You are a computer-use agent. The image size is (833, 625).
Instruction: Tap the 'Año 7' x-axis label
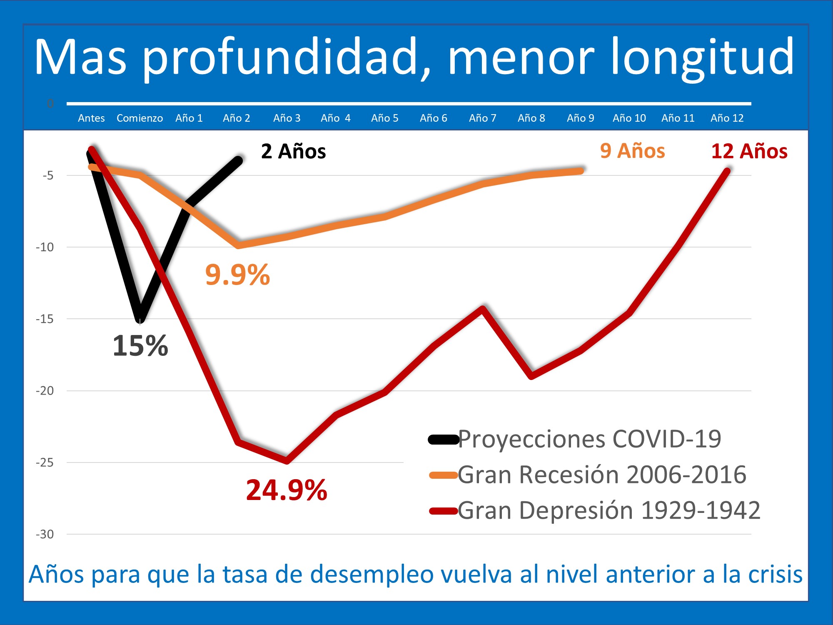[x=482, y=118]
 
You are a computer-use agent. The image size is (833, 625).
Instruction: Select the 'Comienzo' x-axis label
[x=140, y=118]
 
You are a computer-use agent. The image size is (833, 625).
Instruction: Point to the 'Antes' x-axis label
[x=91, y=118]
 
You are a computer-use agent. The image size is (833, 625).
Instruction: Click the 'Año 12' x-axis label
[x=727, y=118]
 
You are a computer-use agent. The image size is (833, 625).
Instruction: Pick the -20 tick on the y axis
[x=45, y=391]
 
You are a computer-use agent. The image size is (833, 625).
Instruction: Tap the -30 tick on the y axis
[x=45, y=534]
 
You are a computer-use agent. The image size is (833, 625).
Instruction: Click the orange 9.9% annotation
[x=237, y=275]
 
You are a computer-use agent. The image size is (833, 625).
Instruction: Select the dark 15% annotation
[x=140, y=346]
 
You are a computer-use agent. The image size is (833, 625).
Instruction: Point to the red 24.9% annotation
[x=287, y=490]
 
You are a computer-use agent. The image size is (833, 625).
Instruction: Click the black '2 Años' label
[x=293, y=151]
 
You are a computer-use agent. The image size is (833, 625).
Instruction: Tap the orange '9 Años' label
[x=632, y=151]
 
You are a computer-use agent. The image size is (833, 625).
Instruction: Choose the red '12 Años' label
[x=749, y=151]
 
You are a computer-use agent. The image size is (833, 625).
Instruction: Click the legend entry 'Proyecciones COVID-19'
[x=589, y=439]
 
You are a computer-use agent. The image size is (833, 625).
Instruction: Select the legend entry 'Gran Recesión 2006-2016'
[x=601, y=475]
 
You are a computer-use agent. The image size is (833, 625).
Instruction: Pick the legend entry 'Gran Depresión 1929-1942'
[x=609, y=510]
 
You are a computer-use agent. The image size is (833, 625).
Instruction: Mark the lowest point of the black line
[x=140, y=319]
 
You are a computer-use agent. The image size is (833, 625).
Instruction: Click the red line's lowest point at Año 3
[x=287, y=461]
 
